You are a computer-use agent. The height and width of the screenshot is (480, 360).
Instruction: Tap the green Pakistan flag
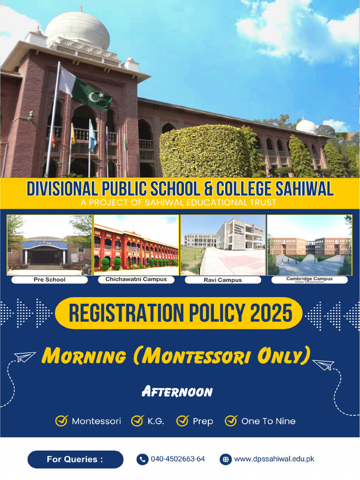tap(92, 94)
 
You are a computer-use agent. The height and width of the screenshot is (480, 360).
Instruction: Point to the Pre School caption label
tap(49, 280)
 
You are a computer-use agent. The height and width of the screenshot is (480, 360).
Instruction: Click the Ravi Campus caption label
tap(223, 280)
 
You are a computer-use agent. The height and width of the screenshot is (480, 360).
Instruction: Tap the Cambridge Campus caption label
tap(309, 279)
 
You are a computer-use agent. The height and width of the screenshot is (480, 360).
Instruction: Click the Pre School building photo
tap(49, 245)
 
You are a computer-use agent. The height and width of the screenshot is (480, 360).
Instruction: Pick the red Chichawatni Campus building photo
tap(136, 245)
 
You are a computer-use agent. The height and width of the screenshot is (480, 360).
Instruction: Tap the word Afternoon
tap(177, 392)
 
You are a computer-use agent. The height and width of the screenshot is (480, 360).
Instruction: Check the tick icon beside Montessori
tap(61, 421)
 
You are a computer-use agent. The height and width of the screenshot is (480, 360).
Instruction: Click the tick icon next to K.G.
tap(137, 421)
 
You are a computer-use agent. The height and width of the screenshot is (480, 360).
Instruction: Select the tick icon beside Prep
tap(182, 421)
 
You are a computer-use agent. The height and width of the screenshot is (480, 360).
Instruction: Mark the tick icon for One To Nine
tap(231, 421)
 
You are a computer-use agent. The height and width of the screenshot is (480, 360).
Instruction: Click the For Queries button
tap(75, 459)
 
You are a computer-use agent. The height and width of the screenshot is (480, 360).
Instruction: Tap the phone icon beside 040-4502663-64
tap(142, 459)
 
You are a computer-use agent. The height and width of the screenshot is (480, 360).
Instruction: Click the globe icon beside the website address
tap(225, 459)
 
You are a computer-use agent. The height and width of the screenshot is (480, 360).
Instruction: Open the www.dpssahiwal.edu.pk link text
tap(274, 459)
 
